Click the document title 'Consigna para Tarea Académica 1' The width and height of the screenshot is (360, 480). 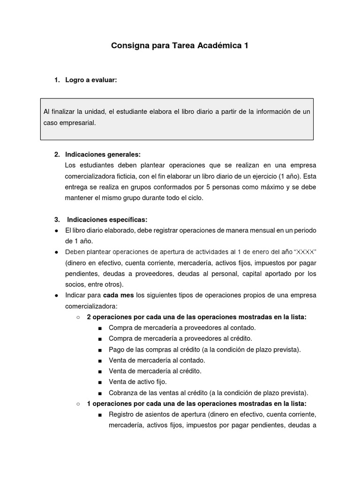[180, 46]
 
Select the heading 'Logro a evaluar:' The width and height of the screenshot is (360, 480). [91, 80]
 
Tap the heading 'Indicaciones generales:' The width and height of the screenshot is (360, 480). [103, 154]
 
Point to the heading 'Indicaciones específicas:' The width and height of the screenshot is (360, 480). [107, 219]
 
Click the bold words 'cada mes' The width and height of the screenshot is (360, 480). [118, 295]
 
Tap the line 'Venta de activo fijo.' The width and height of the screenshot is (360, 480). [137, 382]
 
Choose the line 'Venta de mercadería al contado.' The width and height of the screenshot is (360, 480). [157, 360]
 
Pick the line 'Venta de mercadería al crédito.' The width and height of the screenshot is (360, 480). [155, 371]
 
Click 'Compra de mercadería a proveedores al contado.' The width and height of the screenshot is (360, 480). [182, 328]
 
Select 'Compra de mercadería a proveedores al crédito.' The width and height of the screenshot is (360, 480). [180, 338]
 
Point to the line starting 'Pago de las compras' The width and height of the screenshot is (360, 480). [204, 349]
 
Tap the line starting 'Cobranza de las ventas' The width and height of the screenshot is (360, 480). [208, 392]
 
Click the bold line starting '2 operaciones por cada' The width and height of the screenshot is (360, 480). [196, 317]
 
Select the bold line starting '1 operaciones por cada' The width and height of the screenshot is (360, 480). [196, 403]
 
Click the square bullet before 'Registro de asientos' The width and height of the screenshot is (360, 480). [100, 414]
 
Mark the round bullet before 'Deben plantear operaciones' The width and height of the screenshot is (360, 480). [56, 252]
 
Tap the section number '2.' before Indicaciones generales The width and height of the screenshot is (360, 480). [57, 154]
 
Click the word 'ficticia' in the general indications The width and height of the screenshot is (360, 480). [145, 176]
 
